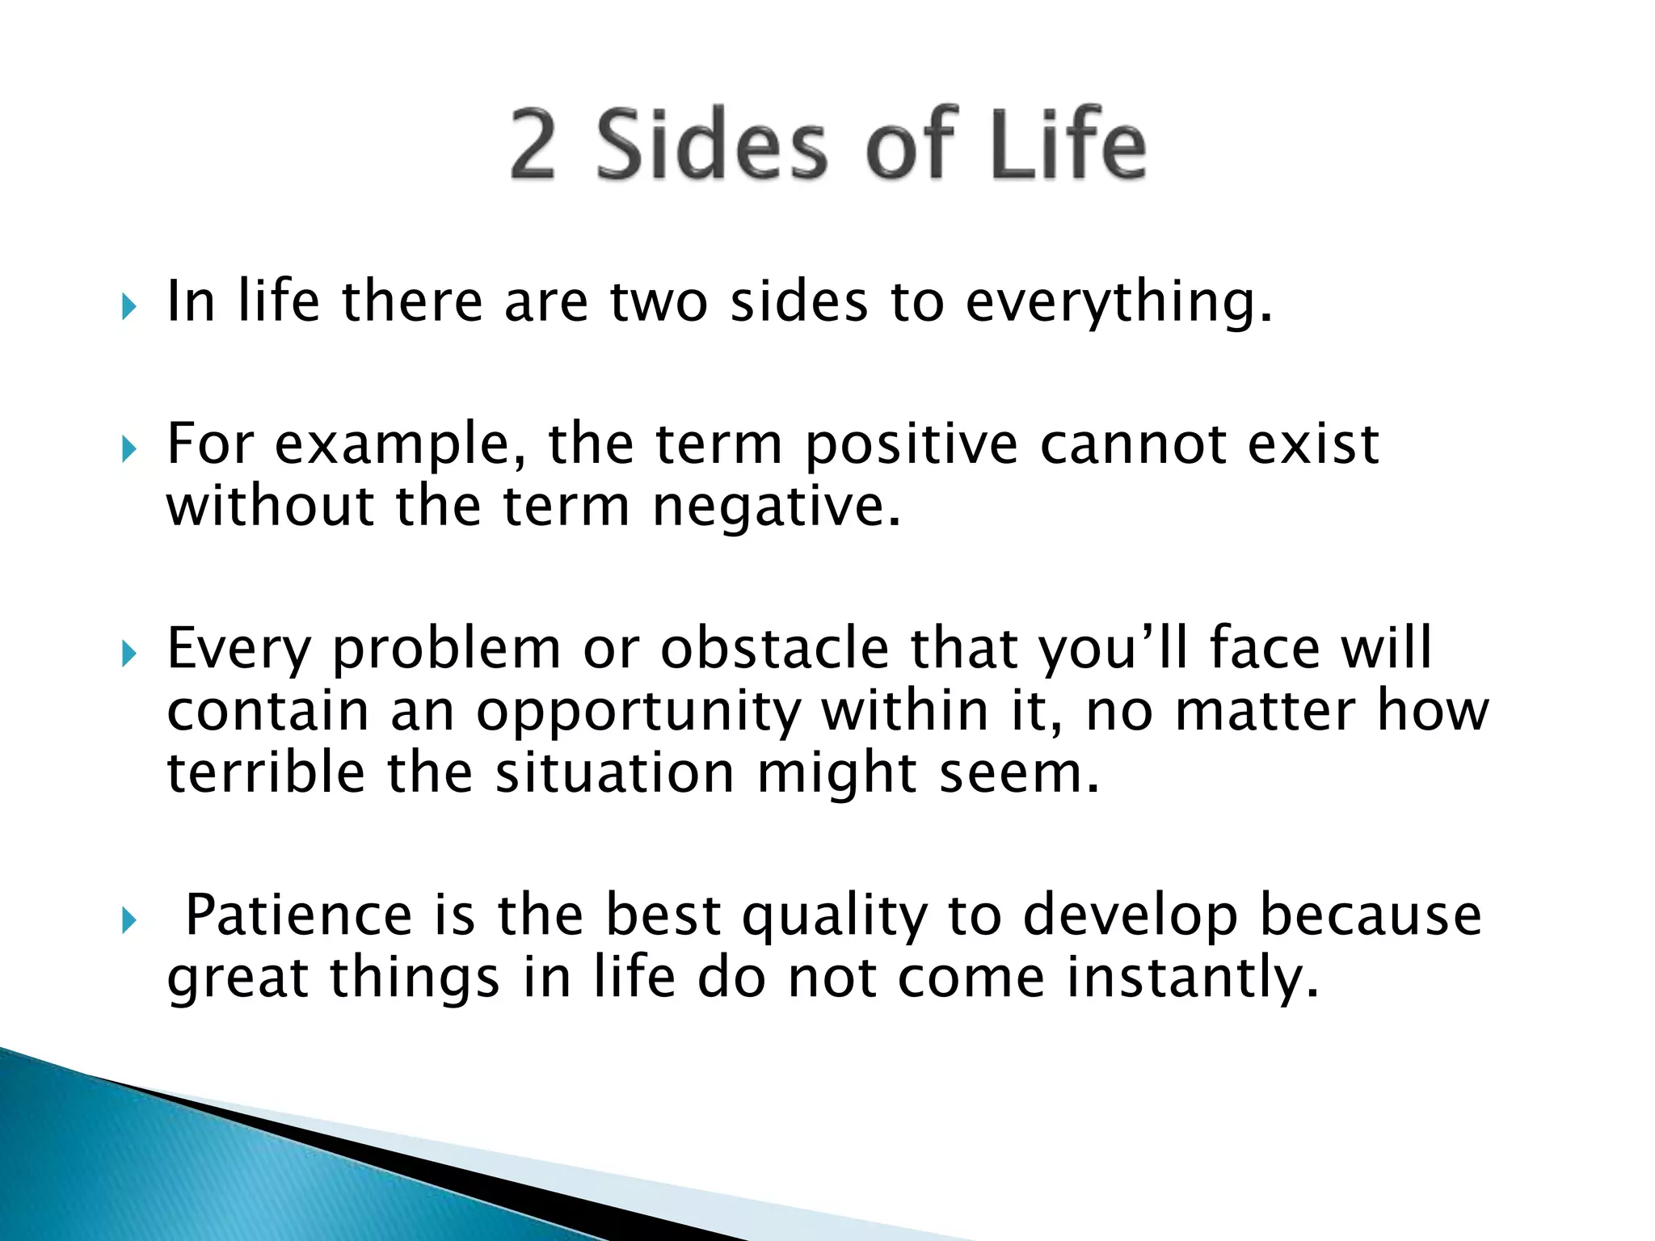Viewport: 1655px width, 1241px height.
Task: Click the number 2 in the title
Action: [533, 145]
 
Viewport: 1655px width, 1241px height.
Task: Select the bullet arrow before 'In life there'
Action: [128, 306]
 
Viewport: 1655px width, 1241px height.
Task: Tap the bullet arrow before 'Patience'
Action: [128, 919]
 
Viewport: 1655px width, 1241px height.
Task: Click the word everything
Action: [1118, 302]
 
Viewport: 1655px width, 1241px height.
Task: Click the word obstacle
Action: [774, 649]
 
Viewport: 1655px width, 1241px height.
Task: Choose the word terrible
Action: [266, 772]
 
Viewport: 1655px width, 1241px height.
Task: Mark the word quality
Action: [835, 918]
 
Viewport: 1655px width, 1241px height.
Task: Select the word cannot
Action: [1133, 445]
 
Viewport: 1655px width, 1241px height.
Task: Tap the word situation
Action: [615, 772]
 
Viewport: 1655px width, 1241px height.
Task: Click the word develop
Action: [1130, 918]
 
